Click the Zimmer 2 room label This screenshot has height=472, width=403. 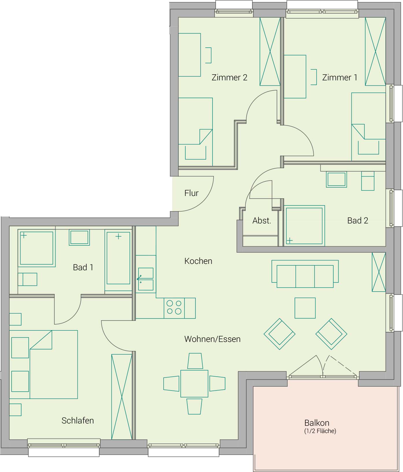tap(229, 77)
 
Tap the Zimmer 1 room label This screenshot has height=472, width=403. tap(340, 77)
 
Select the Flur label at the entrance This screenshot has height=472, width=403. tap(191, 193)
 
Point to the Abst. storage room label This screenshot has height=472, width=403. tap(262, 221)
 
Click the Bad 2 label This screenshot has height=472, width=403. tap(358, 221)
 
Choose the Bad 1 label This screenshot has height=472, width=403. tap(83, 267)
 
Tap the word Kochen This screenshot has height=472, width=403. tap(198, 261)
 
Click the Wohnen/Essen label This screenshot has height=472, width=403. tap(212, 339)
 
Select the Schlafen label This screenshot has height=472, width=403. tap(78, 421)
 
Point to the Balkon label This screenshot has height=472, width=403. tap(317, 423)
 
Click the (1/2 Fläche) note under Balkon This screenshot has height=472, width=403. tap(320, 431)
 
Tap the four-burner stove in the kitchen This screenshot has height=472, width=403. tap(174, 308)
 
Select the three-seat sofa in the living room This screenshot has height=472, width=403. tap(305, 274)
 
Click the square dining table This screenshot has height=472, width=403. tap(194, 384)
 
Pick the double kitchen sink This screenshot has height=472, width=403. tap(146, 279)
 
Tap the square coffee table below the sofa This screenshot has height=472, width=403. tap(305, 308)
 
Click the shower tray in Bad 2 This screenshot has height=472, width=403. tap(304, 226)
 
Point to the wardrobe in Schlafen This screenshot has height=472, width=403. tap(122, 397)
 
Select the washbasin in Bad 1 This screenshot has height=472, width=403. tap(79, 237)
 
